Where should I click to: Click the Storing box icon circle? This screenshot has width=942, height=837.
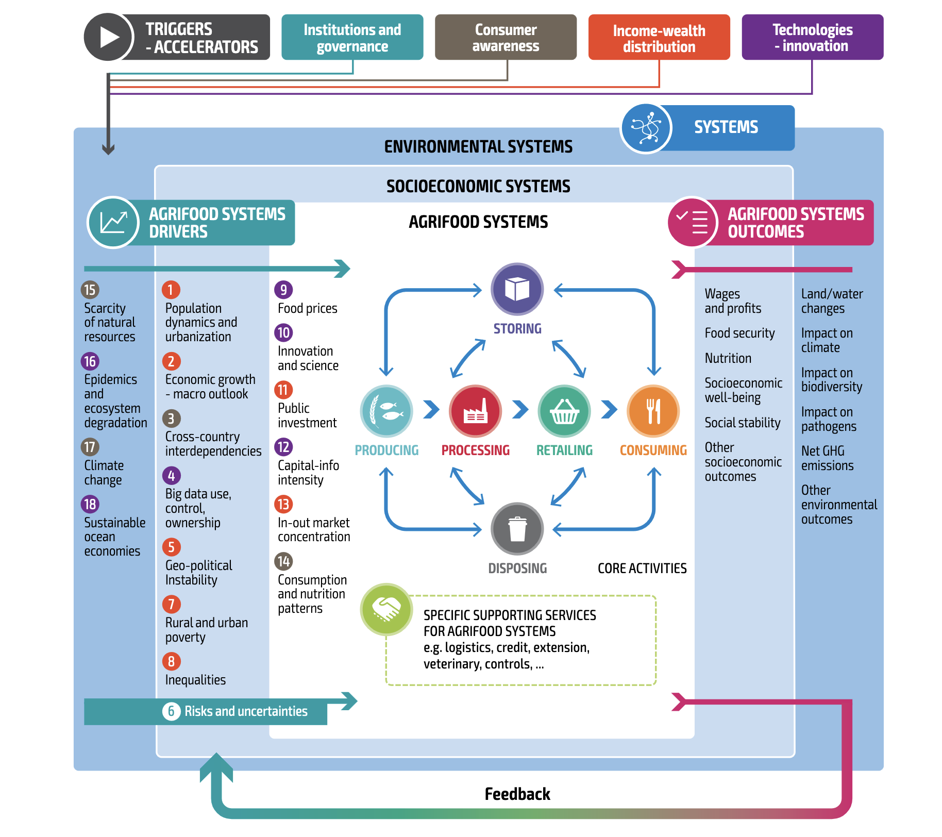(x=517, y=289)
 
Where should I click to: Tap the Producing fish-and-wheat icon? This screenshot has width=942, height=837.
(x=386, y=411)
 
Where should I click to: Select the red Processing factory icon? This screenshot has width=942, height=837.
(x=475, y=411)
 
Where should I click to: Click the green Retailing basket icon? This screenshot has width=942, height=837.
(x=564, y=411)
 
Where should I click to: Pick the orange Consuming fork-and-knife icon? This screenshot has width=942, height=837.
(x=653, y=411)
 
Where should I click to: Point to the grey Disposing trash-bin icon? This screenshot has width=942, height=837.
(x=517, y=529)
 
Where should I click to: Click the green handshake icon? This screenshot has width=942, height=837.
(x=386, y=609)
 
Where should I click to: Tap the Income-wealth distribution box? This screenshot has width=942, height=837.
(x=659, y=38)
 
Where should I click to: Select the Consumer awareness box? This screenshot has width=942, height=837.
(x=506, y=38)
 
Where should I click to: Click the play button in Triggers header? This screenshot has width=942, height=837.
(x=108, y=37)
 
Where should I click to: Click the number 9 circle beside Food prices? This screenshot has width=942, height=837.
(x=283, y=290)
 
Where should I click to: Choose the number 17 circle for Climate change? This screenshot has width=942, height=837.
(x=90, y=447)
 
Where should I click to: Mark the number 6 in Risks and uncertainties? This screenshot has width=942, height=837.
(x=172, y=711)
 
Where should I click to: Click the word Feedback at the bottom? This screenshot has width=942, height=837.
(x=517, y=794)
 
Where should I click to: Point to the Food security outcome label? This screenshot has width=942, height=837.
(x=739, y=333)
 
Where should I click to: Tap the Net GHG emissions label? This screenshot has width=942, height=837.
(x=827, y=458)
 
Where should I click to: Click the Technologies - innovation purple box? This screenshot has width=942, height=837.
(x=812, y=38)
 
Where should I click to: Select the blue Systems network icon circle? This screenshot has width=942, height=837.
(x=646, y=128)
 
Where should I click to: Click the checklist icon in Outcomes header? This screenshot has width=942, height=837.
(x=693, y=222)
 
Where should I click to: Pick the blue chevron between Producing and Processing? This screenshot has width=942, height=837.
(x=431, y=410)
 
